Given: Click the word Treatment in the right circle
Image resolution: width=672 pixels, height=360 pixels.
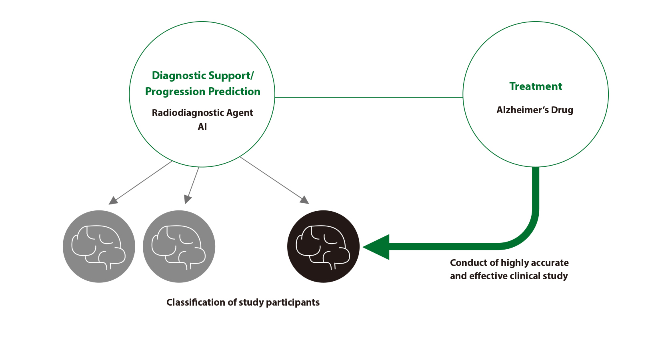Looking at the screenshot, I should [x=536, y=86].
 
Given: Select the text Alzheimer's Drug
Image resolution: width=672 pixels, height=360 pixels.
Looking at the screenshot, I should [x=535, y=110].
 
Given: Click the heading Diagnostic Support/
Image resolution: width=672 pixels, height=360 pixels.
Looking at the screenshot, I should [x=202, y=76].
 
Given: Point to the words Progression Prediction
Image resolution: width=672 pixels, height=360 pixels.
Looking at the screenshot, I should [x=202, y=92].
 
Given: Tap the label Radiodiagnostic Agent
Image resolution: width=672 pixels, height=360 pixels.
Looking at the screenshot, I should [x=202, y=113].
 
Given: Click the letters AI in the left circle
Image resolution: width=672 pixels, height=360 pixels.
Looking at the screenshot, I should [x=202, y=127].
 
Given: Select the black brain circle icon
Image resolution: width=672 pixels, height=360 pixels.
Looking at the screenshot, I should [x=323, y=246].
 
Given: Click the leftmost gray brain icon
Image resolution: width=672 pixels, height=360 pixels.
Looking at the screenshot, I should [x=99, y=246].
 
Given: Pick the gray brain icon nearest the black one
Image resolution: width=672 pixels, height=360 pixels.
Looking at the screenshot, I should [x=179, y=246].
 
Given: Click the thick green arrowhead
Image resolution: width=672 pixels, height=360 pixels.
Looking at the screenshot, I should [x=376, y=247].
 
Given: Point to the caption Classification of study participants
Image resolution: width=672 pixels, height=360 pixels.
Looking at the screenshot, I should [x=243, y=302].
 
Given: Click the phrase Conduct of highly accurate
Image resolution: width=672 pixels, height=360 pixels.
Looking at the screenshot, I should [x=509, y=263].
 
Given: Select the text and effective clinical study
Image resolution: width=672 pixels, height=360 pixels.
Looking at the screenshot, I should [x=509, y=276].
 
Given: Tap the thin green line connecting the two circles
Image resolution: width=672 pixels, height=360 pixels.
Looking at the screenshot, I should [x=368, y=97].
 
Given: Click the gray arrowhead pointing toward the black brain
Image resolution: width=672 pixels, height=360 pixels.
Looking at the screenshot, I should [x=305, y=200].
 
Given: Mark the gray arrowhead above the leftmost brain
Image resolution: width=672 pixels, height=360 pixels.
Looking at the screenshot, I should [x=113, y=200].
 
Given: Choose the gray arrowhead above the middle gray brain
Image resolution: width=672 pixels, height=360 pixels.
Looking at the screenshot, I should [x=187, y=199].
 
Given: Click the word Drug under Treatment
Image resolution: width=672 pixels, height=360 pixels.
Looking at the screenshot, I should [x=562, y=110].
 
